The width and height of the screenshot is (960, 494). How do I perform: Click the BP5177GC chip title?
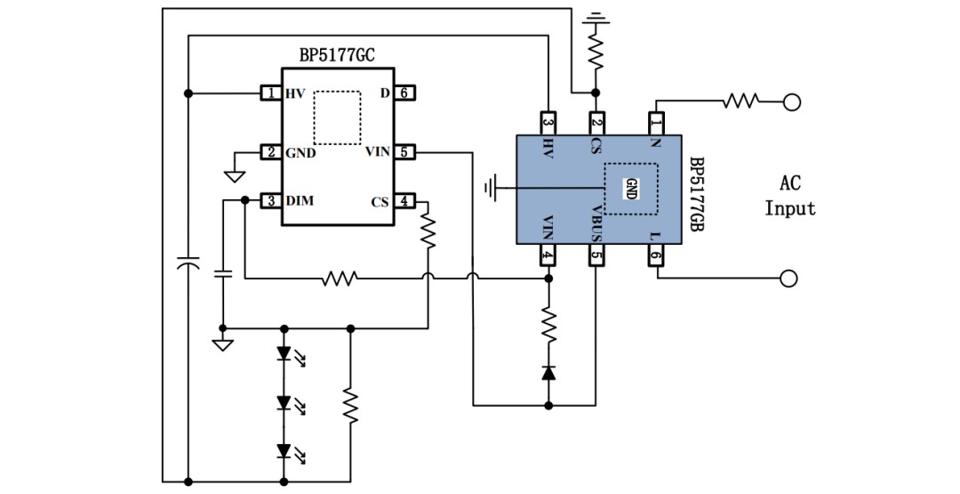[337, 56]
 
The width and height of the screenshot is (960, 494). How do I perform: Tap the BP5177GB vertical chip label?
[696, 194]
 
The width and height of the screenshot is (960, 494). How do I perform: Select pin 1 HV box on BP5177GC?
[270, 93]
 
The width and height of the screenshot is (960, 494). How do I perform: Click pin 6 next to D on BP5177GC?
[404, 93]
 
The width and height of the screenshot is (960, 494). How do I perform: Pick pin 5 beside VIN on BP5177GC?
[404, 152]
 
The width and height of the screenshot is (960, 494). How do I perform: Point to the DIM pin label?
[300, 200]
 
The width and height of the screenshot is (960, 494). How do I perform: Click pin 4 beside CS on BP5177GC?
[404, 200]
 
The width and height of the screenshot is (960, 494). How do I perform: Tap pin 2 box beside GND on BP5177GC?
[270, 152]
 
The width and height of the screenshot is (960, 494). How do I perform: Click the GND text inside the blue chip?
[631, 189]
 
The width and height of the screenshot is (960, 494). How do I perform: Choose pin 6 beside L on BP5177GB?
[656, 255]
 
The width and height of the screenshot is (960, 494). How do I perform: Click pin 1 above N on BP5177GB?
[656, 124]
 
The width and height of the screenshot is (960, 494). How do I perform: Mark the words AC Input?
[790, 196]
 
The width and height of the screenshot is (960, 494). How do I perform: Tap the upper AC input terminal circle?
[792, 102]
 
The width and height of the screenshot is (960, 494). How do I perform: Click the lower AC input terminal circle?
[789, 279]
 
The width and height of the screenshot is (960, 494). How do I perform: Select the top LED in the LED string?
[284, 353]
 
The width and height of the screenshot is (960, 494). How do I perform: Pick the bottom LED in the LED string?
[284, 451]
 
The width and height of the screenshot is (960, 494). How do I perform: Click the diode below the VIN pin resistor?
[548, 372]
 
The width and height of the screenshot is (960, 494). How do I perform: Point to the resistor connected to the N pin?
[740, 101]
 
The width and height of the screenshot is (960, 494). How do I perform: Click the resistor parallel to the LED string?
[350, 404]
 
